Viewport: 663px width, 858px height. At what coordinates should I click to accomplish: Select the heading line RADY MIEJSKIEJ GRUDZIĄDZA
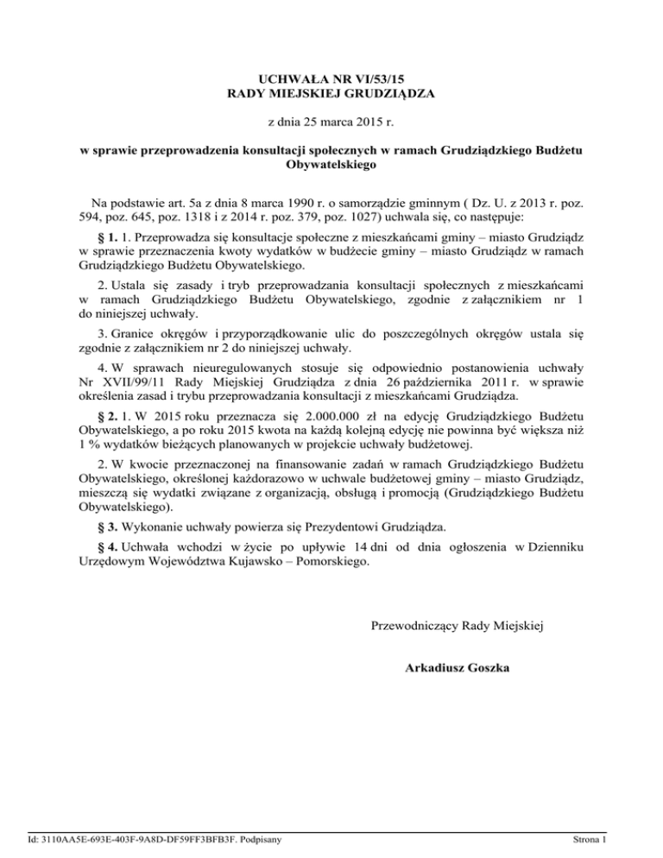(331, 92)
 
